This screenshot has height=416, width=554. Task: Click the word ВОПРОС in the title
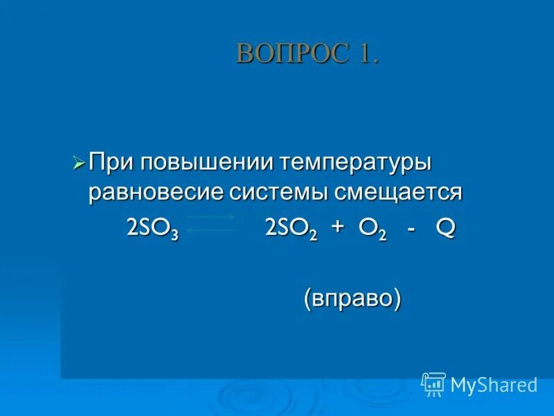(283, 53)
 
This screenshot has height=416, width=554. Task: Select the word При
(112, 164)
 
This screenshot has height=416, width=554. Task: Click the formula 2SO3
(152, 229)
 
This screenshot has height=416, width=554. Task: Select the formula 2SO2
(291, 229)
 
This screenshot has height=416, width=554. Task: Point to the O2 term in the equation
(371, 229)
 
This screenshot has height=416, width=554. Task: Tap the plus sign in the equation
(337, 228)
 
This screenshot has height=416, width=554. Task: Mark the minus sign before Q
(412, 229)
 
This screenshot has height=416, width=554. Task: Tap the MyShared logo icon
(434, 383)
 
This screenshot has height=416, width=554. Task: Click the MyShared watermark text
(494, 384)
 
